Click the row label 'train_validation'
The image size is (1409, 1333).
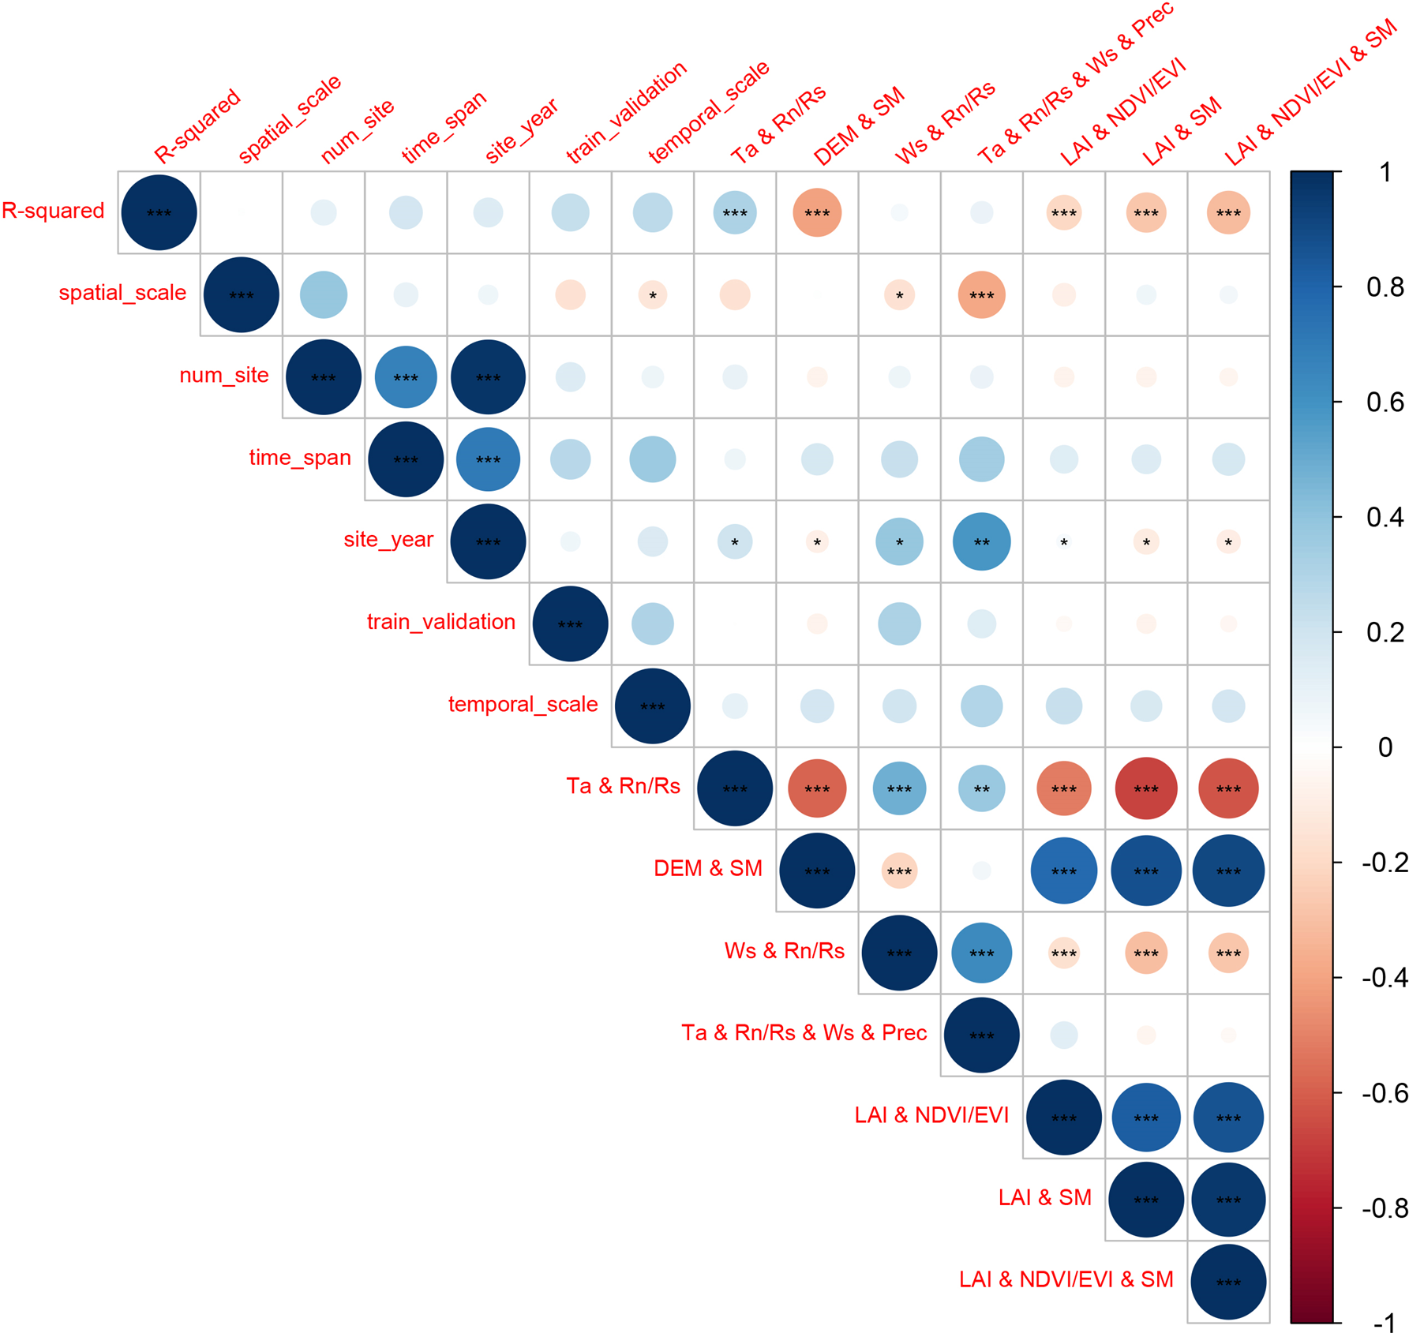440,622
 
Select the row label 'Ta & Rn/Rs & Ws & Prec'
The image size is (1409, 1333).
804,1033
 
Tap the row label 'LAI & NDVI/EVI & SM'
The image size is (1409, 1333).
1066,1279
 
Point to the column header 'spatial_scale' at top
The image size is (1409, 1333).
289,118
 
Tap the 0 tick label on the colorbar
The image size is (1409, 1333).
1385,747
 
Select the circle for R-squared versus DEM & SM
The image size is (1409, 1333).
817,213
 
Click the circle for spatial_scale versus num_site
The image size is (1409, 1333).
324,295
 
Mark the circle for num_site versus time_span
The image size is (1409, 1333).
406,377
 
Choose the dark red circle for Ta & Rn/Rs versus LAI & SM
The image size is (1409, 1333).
1146,788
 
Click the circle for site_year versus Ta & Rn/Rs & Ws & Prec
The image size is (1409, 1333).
982,541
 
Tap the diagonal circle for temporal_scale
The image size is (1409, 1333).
653,706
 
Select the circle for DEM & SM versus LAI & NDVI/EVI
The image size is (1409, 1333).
1064,871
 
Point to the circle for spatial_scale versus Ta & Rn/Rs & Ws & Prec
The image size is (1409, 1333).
982,295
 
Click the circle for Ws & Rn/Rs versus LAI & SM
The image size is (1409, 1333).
1146,953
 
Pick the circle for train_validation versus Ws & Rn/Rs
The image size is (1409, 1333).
899,623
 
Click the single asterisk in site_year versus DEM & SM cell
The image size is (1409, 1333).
817,542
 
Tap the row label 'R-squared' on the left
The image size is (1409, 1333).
53,211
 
